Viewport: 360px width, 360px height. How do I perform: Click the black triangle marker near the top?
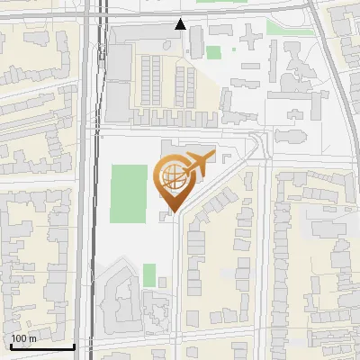click(181, 24)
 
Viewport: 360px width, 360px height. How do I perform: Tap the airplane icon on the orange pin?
click(196, 164)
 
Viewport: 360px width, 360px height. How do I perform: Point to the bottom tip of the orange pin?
click(172, 212)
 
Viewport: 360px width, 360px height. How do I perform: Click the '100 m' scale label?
click(23, 338)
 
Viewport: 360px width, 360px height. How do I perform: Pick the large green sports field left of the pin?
click(128, 193)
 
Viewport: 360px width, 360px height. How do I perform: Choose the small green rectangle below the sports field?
click(149, 274)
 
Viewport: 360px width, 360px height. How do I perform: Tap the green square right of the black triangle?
click(213, 52)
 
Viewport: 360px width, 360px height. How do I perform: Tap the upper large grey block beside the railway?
click(119, 63)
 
